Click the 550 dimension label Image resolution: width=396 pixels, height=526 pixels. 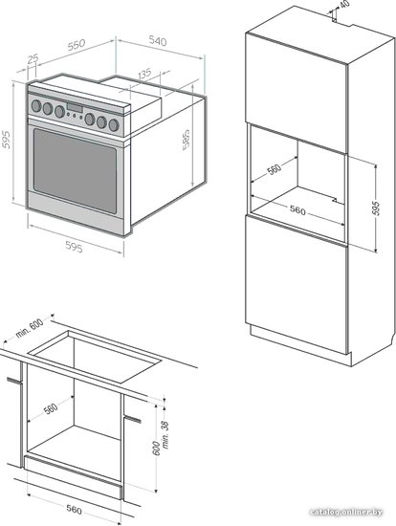pos(77,45)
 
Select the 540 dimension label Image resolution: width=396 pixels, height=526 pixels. pos(158,41)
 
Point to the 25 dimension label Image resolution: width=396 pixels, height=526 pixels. pos(33,59)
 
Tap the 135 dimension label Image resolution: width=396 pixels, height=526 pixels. pos(144,74)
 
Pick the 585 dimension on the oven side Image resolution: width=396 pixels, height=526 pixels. pos(185,141)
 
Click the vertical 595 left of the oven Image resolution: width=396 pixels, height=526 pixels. pos(6,140)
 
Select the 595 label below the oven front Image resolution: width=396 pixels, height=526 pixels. pos(74,248)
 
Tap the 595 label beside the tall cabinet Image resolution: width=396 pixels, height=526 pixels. pos(376,208)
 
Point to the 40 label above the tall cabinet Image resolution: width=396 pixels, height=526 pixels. pos(344,4)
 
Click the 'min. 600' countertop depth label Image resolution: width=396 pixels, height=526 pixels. pos(30,328)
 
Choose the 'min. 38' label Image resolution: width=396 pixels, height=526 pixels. pos(165,435)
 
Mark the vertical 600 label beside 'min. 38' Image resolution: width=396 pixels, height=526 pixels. pos(156,449)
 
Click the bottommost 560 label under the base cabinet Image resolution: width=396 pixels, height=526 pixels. pos(74,510)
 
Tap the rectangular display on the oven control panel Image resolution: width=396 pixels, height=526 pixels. pos(75,108)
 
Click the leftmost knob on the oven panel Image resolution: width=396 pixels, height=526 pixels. pos(36,106)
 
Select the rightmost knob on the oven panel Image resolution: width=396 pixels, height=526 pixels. pos(114,125)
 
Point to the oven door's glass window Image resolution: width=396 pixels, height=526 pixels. pos(76,171)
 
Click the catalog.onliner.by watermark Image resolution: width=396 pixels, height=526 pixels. pos(346,513)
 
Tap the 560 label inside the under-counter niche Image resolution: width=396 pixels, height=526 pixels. pos(51,408)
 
